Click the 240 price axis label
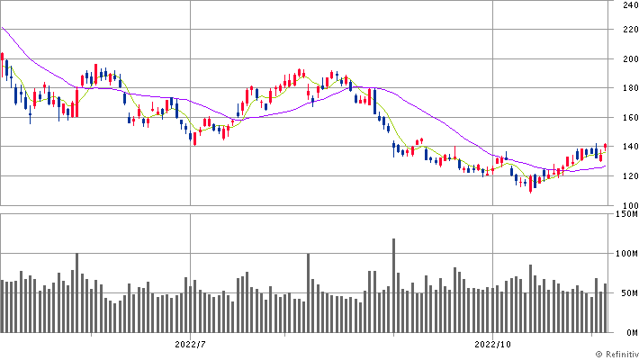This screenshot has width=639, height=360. click(627, 4)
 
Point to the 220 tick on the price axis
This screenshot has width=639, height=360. click(627, 30)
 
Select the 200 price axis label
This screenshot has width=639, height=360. click(627, 59)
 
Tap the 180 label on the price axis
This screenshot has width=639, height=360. click(627, 88)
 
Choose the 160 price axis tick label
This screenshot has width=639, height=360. click(627, 118)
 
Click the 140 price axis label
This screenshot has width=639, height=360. click(627, 147)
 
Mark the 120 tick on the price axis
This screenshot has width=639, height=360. click(627, 176)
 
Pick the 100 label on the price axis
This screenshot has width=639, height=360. click(627, 205)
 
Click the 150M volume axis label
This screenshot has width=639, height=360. click(625, 214)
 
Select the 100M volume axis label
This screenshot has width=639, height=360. click(625, 254)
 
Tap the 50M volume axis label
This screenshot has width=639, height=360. click(626, 293)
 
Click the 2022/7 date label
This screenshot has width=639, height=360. click(191, 344)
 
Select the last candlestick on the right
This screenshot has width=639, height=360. click(606, 146)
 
